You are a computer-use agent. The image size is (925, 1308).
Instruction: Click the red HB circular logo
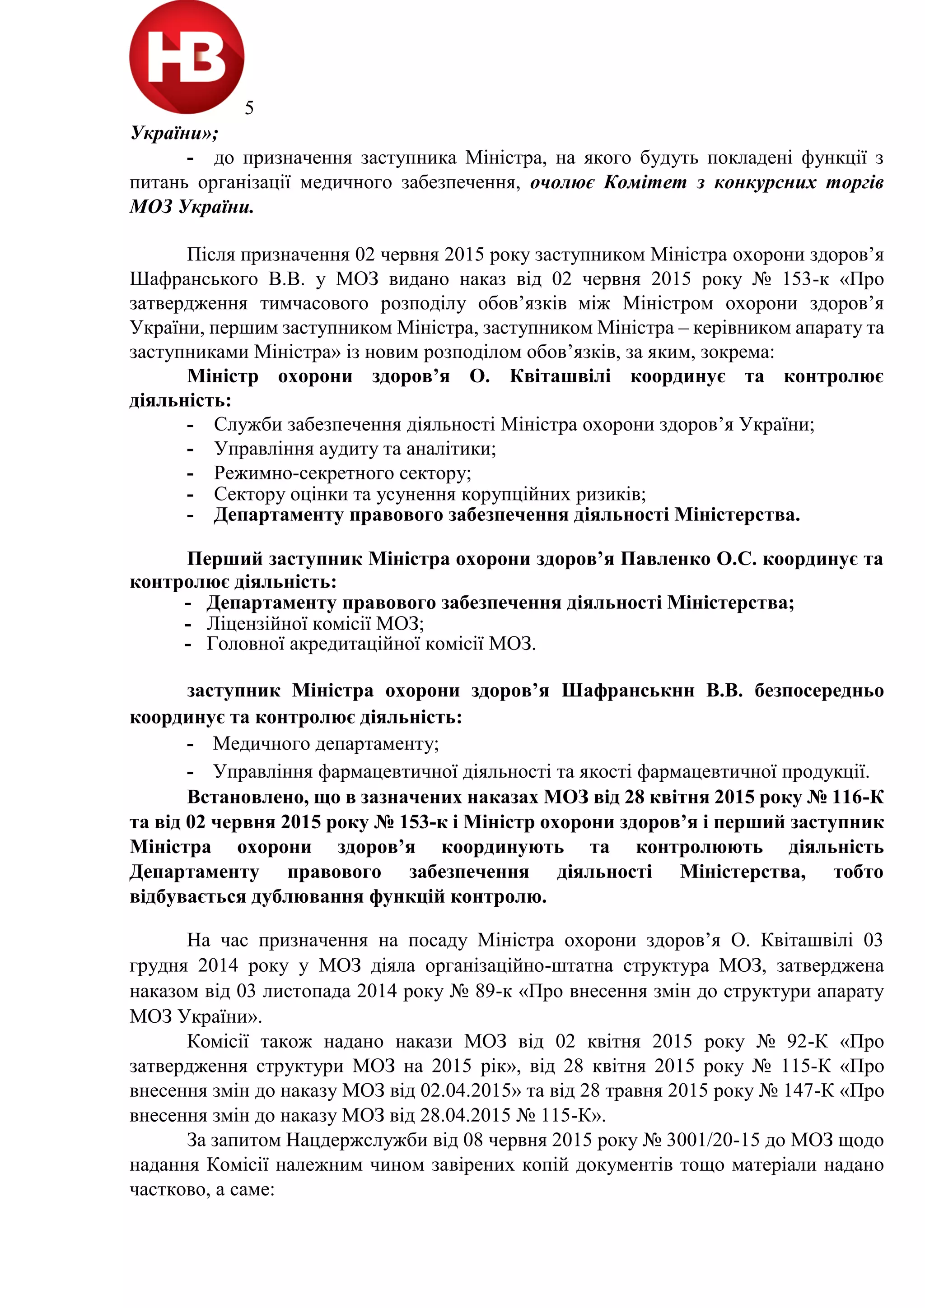187,57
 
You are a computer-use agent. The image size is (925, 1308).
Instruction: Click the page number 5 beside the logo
249,108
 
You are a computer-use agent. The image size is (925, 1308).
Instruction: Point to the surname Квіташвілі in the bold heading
560,376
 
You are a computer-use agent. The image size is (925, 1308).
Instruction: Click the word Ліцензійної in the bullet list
251,623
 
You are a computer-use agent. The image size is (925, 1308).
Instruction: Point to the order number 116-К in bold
857,797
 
